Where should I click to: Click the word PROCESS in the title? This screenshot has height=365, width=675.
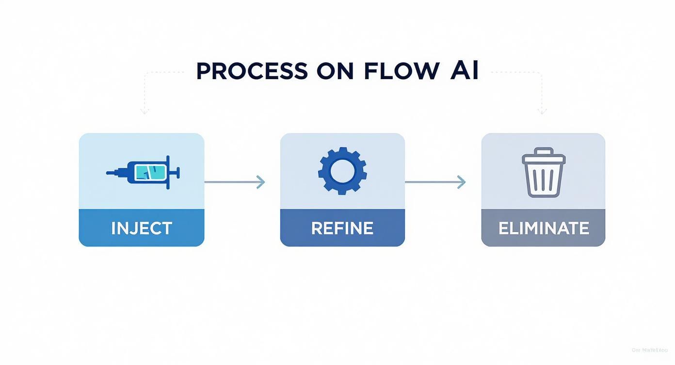tap(252, 72)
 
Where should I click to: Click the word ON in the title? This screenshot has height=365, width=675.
tap(335, 72)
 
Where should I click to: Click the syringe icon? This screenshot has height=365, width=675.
tap(143, 172)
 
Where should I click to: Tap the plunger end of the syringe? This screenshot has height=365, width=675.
tap(177, 172)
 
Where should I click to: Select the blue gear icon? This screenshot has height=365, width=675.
tap(342, 171)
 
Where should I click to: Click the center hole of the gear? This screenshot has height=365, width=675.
tap(342, 171)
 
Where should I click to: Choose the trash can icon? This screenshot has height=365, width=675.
tap(543, 173)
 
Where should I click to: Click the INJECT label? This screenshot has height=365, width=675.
tap(142, 228)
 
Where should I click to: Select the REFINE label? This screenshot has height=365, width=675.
tap(342, 228)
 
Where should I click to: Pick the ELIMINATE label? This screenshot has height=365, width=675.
tap(544, 228)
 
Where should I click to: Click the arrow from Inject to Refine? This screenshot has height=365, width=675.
tap(235, 182)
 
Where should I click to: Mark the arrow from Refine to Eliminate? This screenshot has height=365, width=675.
tap(435, 182)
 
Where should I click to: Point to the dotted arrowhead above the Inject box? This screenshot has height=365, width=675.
tap(144, 112)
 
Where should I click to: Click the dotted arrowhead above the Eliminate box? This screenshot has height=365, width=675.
tap(542, 112)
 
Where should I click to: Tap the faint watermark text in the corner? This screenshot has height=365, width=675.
tap(649, 350)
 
